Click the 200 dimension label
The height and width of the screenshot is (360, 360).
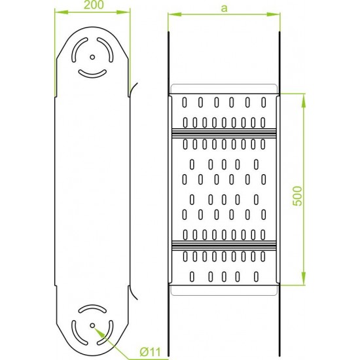click(94, 5)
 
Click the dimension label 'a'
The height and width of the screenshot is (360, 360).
click(224, 9)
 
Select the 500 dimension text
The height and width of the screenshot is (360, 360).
click(298, 196)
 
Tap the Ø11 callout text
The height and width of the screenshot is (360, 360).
click(151, 351)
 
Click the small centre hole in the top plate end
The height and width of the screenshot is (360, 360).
click(92, 57)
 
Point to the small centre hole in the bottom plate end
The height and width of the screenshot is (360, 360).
click(92, 325)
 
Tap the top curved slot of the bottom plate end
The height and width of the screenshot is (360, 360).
click(92, 307)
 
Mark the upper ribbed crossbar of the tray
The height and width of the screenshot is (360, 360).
click(224, 134)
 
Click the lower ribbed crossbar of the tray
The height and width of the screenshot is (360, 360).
click(224, 245)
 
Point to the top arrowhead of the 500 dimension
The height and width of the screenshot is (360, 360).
click(304, 101)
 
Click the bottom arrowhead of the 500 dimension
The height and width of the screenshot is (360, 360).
click(304, 278)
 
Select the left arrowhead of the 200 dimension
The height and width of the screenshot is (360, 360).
click(62, 12)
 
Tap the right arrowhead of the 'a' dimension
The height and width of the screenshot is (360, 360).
click(273, 14)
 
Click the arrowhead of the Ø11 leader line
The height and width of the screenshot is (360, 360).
click(99, 333)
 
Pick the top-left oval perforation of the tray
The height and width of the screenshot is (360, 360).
click(185, 102)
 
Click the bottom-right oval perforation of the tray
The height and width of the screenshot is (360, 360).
click(256, 277)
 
